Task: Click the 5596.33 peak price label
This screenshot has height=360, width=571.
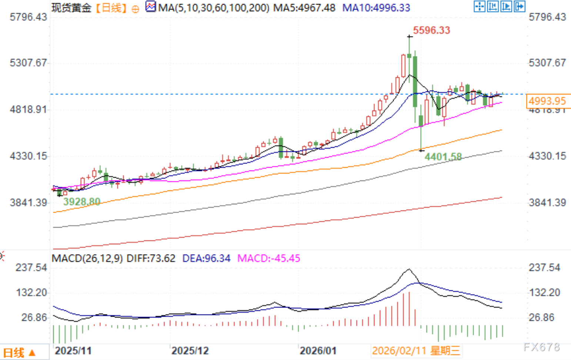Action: [431, 30]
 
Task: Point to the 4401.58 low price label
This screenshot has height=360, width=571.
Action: [443, 157]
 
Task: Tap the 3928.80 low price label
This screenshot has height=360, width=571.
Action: [81, 202]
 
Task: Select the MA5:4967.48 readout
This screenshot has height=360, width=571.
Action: [304, 8]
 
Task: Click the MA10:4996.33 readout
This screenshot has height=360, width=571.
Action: [376, 8]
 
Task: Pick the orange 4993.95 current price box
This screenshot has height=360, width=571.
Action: [547, 101]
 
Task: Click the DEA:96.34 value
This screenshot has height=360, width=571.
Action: [206, 258]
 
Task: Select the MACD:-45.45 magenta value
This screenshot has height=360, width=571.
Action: [268, 258]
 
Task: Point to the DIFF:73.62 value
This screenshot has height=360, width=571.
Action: [151, 258]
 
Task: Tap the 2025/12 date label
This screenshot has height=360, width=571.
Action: [190, 351]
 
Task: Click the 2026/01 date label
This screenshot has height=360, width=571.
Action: [318, 351]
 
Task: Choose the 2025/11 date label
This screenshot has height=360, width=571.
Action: [73, 351]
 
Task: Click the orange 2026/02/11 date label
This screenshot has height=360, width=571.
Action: [416, 351]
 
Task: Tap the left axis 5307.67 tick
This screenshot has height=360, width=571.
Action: [29, 63]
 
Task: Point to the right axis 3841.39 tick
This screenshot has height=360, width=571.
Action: [547, 202]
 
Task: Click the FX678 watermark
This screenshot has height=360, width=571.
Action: [541, 347]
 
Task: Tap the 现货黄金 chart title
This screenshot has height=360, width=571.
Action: [71, 8]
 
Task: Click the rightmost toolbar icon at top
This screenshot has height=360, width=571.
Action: [520, 6]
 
